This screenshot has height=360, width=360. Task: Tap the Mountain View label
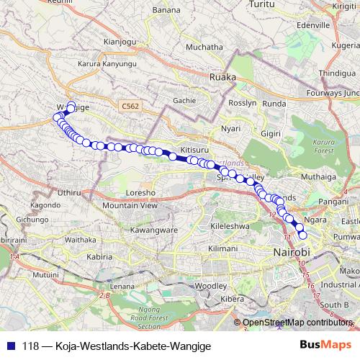(130, 206)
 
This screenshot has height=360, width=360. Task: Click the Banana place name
(167, 10)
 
